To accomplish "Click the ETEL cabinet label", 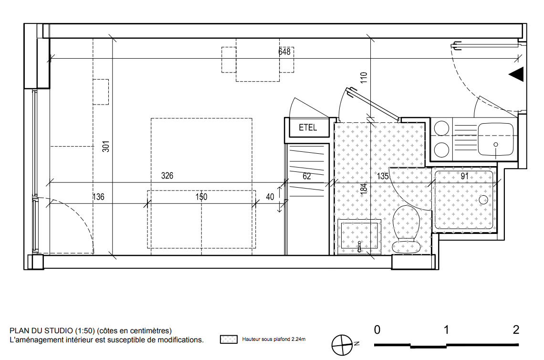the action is pos(308,127).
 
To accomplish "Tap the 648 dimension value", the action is pos(284,52).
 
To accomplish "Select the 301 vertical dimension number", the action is pos(106,146).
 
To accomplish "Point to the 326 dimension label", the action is pos(167,176).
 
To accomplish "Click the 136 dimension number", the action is pos(98,197).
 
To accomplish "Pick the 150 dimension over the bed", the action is pos(201,197).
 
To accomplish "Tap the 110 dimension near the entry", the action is pos(364,77).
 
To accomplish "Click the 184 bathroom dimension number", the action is pos(364,189).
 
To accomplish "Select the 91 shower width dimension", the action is pos(465,176).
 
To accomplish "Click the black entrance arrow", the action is pos(516,74).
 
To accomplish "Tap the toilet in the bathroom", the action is pos(406,229).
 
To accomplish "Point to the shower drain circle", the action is pos(483,200).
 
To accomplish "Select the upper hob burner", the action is pos(442,128).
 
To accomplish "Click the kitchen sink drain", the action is pos(496,144).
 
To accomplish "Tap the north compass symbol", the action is pos(343,345).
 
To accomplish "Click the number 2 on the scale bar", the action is pos(516,329).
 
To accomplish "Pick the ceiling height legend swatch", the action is pos(229,339).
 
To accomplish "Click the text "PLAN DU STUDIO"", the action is pos(42,330).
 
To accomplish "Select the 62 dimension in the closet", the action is pos(307,176).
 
